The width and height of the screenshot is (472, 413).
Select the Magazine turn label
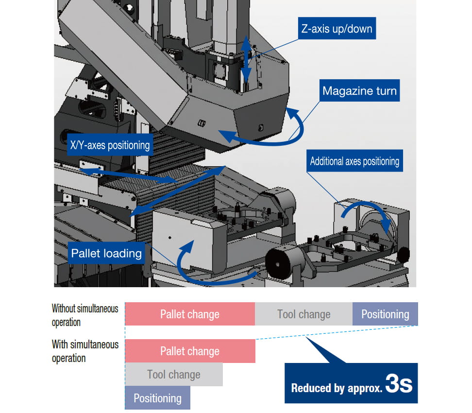(359, 91)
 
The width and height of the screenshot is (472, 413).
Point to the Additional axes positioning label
(354, 161)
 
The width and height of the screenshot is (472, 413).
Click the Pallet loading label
(106, 253)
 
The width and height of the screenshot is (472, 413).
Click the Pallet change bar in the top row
(190, 314)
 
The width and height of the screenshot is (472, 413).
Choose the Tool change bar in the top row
(303, 314)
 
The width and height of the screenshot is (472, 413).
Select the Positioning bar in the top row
(385, 314)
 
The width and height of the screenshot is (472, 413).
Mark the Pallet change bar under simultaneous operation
(190, 351)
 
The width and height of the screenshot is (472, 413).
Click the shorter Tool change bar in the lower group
(174, 374)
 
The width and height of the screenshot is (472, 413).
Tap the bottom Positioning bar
(157, 398)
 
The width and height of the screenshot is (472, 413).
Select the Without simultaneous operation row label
(85, 315)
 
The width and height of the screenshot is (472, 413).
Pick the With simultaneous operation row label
(85, 351)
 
